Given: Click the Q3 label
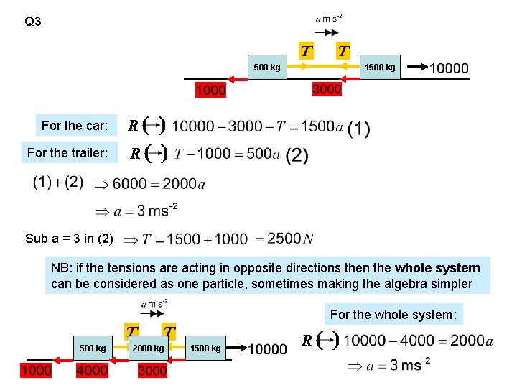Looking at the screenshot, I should tap(33, 22).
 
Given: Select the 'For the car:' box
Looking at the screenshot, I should tap(75, 126).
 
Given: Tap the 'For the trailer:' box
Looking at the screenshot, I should tap(67, 153).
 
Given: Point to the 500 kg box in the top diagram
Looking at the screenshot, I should tap(266, 68).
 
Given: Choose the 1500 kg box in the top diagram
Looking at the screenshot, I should tap(379, 68).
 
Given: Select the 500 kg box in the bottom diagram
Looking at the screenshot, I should tap(93, 348).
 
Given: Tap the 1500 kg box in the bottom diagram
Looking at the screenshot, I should tap(205, 348).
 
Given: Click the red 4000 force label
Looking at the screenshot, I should tap(92, 371).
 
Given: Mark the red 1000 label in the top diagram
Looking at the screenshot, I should tap(210, 90).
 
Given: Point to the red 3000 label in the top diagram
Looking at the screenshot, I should tap(327, 89).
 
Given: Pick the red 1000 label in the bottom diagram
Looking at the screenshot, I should tap(36, 371).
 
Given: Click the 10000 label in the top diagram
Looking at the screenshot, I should tap(448, 68).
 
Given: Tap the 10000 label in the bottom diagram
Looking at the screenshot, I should tap(267, 349).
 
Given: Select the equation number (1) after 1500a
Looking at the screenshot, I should tap(358, 129).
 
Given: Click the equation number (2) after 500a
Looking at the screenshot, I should tap(297, 155).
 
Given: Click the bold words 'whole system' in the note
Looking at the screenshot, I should tap(437, 268).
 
